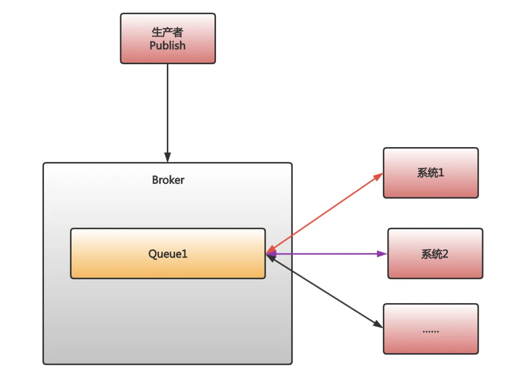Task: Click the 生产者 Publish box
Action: [168, 38]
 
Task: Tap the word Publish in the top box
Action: [167, 45]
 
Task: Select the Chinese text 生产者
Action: [167, 32]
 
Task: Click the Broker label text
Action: [168, 180]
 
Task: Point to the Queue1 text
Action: [168, 254]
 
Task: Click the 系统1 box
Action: [431, 173]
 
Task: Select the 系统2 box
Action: [435, 253]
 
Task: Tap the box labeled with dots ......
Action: [431, 329]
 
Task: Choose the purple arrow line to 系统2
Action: [327, 254]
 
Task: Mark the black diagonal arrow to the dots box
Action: [325, 291]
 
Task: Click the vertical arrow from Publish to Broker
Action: [167, 108]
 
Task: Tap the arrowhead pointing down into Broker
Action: [167, 157]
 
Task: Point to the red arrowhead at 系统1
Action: [378, 177]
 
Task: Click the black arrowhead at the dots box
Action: [378, 324]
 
